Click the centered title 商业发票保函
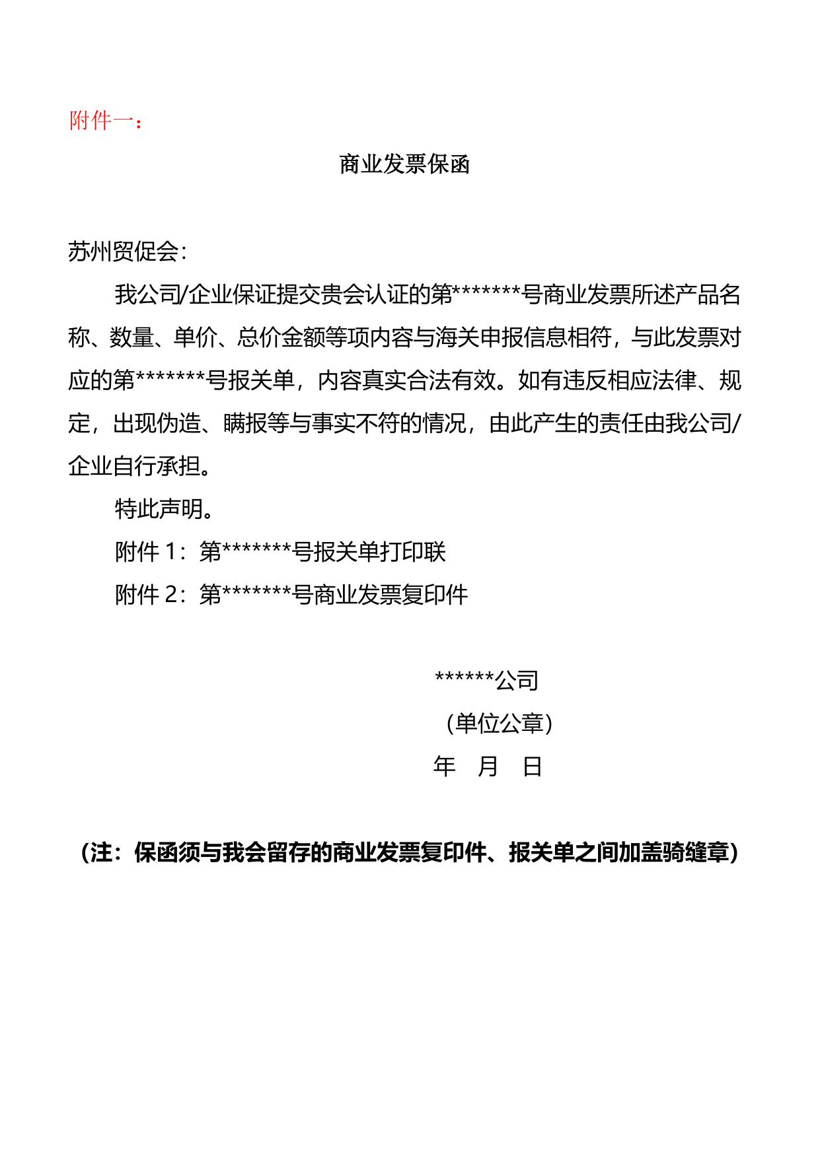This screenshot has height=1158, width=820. (404, 164)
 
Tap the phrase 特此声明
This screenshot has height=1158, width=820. (159, 509)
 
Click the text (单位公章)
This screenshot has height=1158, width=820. (499, 724)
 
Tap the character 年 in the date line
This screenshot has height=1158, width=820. (444, 766)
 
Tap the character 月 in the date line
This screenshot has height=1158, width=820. (488, 766)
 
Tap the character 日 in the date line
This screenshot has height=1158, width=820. (533, 766)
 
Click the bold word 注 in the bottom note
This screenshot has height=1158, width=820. (102, 853)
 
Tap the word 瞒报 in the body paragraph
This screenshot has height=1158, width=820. (245, 423)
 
